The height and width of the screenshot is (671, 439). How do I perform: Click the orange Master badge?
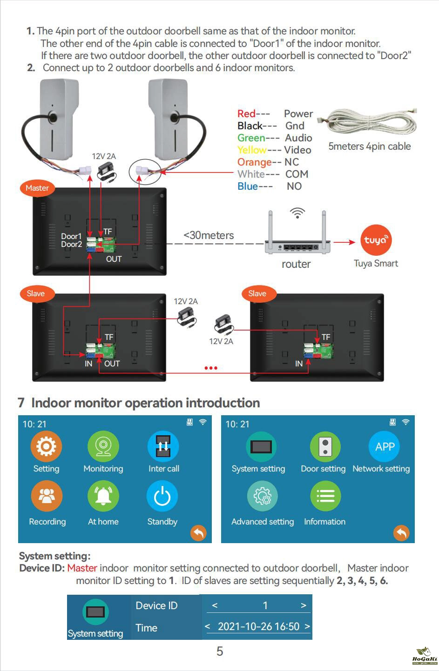click(37, 188)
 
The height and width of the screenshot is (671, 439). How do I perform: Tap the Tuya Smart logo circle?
click(376, 240)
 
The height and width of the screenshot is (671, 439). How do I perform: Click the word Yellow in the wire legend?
click(252, 150)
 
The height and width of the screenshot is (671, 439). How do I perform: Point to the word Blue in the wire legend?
click(248, 186)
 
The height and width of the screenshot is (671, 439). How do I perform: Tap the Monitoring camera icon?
click(103, 446)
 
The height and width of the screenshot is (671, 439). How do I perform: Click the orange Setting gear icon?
click(46, 446)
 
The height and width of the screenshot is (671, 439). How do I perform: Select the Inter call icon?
click(163, 446)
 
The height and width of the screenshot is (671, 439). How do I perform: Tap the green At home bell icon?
click(103, 496)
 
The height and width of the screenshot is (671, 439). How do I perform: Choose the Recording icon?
click(47, 496)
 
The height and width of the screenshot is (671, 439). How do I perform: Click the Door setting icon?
click(325, 446)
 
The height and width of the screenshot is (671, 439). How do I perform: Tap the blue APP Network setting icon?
click(385, 446)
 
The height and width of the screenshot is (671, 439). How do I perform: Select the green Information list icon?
click(325, 496)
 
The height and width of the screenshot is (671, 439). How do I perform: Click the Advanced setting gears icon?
click(263, 496)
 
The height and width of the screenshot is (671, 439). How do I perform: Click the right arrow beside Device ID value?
click(304, 605)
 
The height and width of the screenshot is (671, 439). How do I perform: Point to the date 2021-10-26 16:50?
click(258, 626)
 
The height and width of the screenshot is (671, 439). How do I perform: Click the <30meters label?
click(209, 235)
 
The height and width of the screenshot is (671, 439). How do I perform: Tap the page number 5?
click(220, 651)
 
